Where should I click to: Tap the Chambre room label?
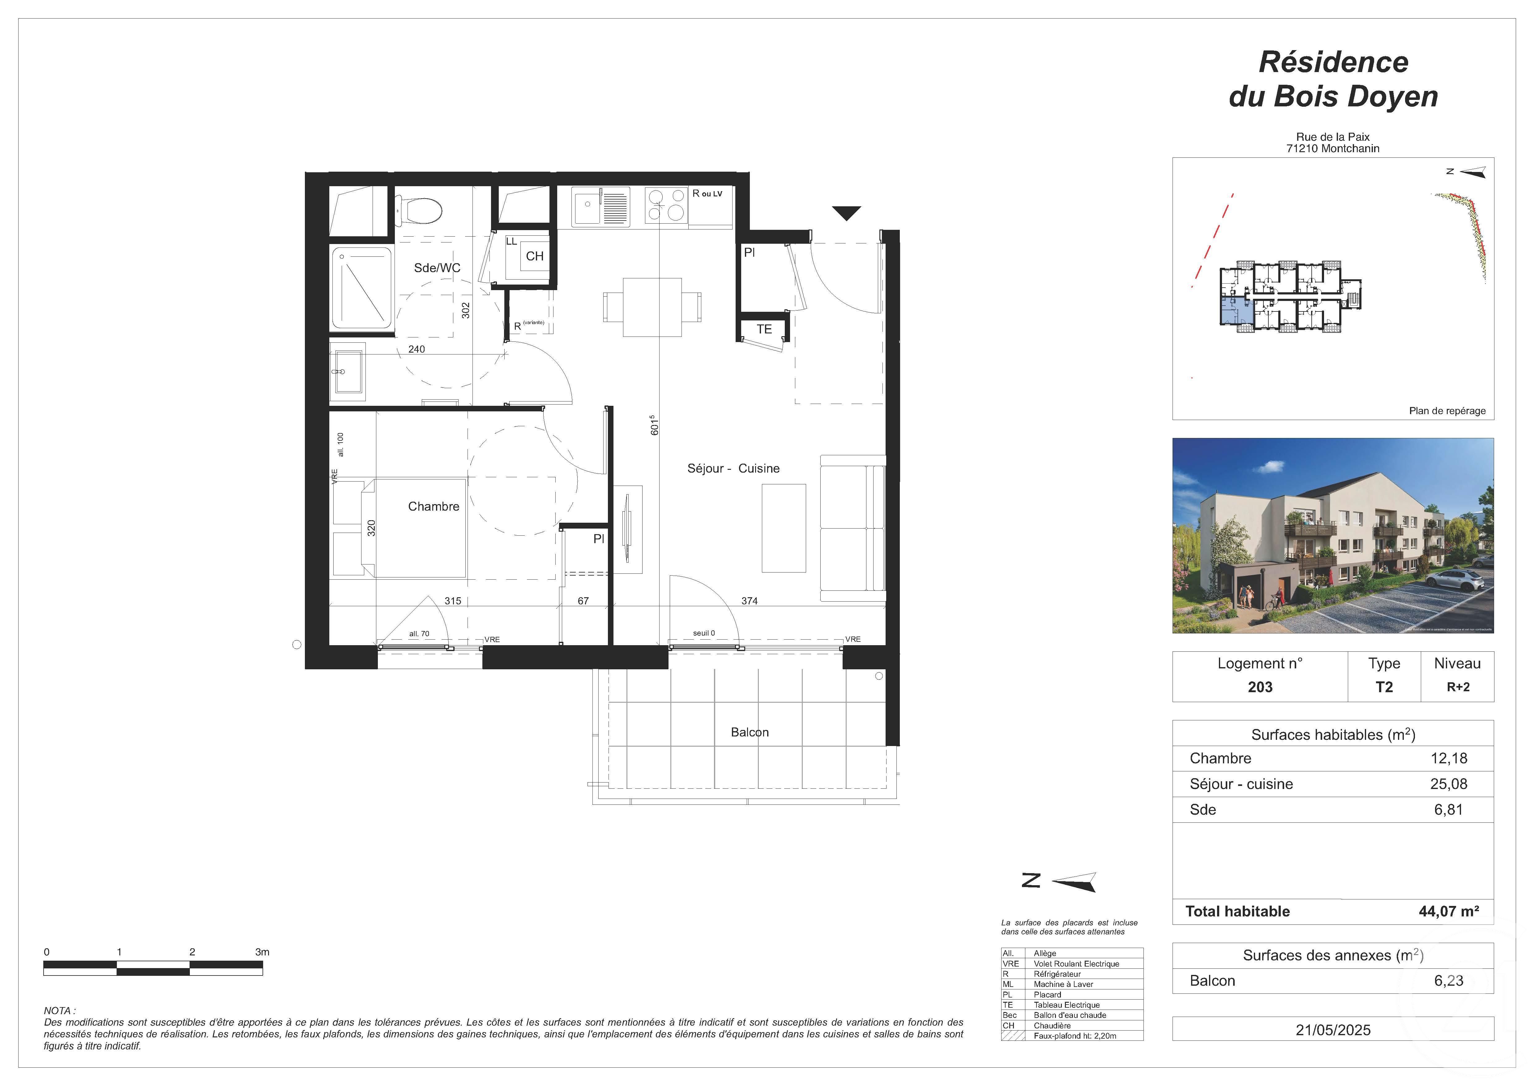click(x=434, y=506)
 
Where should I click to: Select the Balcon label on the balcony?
click(x=750, y=732)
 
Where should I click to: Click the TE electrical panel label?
click(x=764, y=329)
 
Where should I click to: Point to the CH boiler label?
click(x=535, y=256)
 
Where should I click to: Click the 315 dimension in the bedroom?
click(x=453, y=601)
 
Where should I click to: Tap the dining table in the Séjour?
click(x=652, y=307)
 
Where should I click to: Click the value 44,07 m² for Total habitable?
click(x=1448, y=911)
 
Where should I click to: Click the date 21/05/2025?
click(x=1333, y=1030)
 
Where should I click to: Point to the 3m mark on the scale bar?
click(x=262, y=952)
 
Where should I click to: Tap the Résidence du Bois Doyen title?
click(x=1333, y=79)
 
